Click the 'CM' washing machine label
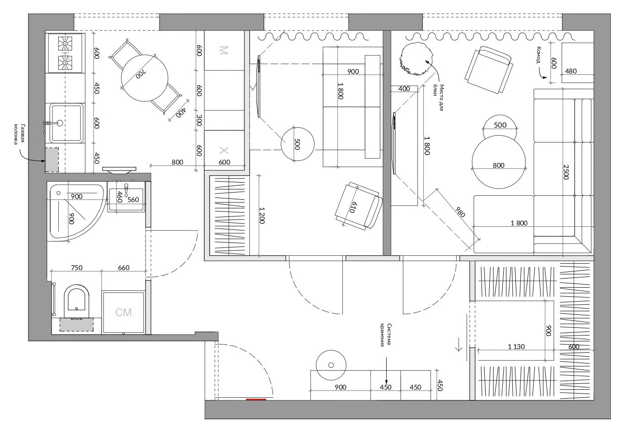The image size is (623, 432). pos(123,313)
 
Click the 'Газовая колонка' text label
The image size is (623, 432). pos(19,134)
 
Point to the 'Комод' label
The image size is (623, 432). pos(539,55)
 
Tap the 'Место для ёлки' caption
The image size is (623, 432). pos(438,97)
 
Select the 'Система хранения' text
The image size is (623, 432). pos(386,335)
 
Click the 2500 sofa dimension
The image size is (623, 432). pos(566,172)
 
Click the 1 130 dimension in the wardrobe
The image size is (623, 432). pos(516,346)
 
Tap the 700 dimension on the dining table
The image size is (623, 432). pos(141,74)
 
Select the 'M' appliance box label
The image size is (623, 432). pos(224,50)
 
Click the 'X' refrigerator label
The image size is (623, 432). pos(224,151)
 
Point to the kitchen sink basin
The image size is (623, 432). pos(66,123)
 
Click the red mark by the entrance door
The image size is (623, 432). pos(256,400)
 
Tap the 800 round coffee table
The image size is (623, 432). pos(499,162)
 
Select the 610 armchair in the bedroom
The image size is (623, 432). pos(359,206)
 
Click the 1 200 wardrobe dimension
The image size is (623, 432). pos(262,215)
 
